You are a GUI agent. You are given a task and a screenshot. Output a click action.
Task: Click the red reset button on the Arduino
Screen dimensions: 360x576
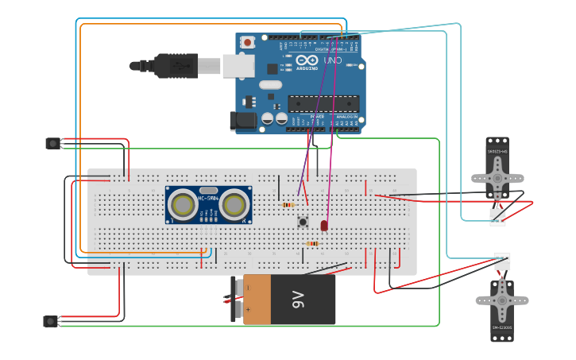point(248,42)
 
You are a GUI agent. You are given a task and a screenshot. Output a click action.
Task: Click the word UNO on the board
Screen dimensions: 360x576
point(334,60)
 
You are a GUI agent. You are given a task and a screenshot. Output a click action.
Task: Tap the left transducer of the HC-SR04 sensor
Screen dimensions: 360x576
point(184,205)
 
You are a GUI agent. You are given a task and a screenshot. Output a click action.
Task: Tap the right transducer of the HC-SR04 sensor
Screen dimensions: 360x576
point(234,205)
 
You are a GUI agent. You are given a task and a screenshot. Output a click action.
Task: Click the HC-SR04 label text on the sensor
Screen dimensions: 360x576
point(208,198)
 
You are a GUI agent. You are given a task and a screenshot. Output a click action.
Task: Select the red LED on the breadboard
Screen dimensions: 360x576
point(324,226)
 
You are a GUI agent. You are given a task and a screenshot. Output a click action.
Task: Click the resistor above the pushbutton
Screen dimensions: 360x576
point(288,205)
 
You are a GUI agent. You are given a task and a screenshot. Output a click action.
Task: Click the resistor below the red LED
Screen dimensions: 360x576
point(312,243)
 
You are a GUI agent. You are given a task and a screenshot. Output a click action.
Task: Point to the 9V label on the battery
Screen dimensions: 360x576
point(298,300)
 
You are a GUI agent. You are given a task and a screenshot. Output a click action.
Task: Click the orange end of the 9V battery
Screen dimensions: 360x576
point(257,300)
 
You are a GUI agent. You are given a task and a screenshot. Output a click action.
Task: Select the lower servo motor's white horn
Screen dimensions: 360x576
point(501,300)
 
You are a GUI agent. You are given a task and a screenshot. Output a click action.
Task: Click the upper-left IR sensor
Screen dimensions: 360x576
point(52,143)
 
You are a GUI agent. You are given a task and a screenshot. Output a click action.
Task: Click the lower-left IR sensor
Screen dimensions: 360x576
point(51,321)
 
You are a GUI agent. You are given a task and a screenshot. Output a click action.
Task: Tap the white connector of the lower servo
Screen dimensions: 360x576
point(502,261)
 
